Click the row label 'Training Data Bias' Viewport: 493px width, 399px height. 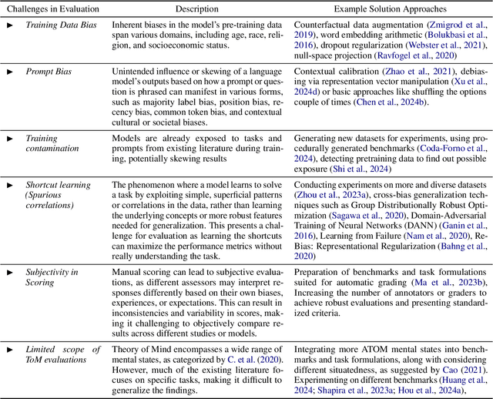67,25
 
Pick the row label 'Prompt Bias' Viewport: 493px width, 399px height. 52,71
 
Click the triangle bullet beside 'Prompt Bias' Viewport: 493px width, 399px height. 10,71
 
